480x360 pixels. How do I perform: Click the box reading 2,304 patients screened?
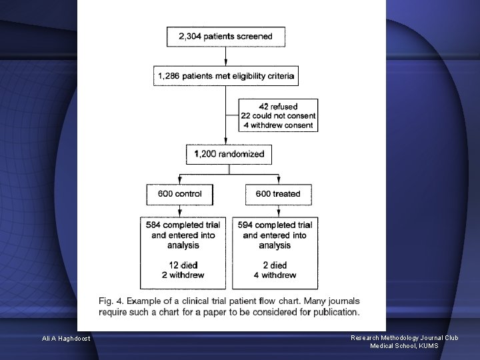click(225, 37)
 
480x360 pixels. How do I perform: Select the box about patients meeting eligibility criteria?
click(226, 77)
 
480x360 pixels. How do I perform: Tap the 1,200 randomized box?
click(229, 154)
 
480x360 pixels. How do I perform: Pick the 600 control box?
click(179, 194)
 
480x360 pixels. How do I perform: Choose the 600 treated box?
click(277, 194)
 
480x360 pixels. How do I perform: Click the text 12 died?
click(183, 265)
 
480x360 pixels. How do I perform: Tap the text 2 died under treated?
click(275, 265)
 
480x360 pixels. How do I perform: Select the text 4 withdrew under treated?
click(275, 275)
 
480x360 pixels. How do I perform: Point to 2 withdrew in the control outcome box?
click(183, 275)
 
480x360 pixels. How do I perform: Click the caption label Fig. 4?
click(111, 301)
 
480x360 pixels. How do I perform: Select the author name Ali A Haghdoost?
click(66, 339)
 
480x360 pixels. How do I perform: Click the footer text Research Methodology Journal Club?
click(404, 338)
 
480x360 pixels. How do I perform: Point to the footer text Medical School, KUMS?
click(404, 345)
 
